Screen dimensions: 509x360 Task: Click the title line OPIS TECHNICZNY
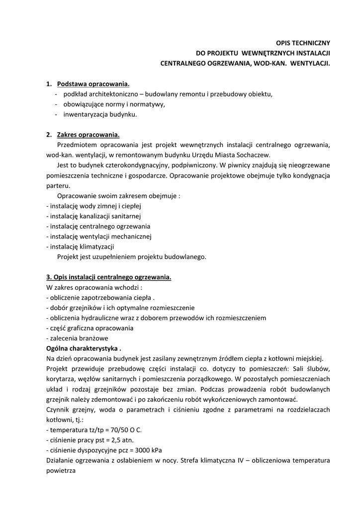pos(303,43)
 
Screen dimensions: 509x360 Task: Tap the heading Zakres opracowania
pos(89,135)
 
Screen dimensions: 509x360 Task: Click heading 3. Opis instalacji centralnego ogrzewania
pos(109,277)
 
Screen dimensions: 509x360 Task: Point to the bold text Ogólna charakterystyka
pos(84,348)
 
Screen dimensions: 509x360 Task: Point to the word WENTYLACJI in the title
pos(310,64)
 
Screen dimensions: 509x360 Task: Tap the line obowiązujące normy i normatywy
pos(113,104)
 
